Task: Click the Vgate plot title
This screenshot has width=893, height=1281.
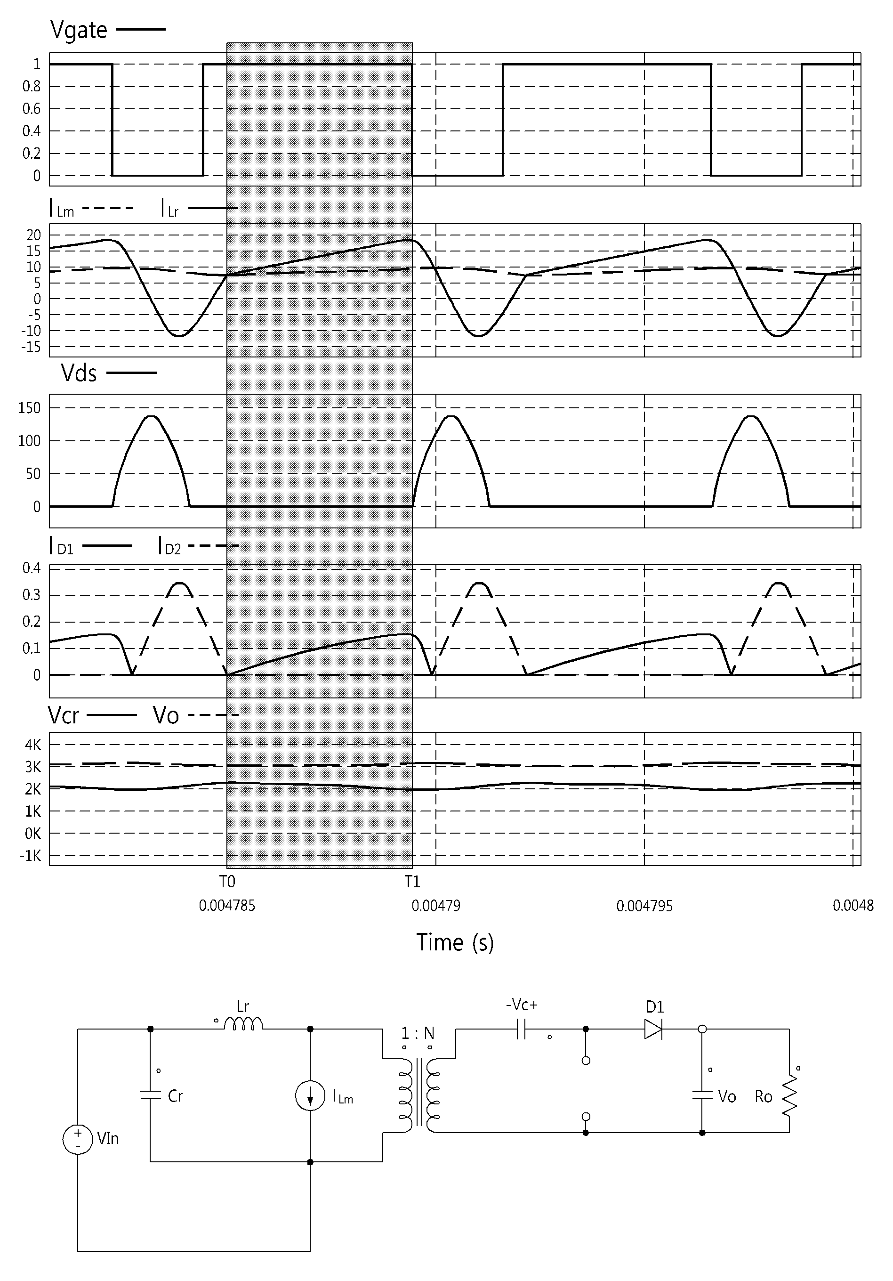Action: click(x=79, y=30)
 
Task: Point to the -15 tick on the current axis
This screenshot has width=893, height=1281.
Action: click(x=33, y=347)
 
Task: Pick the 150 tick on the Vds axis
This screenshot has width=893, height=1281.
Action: click(x=30, y=408)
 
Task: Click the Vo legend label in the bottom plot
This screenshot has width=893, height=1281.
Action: click(x=166, y=715)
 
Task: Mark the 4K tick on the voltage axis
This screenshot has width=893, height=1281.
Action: click(x=33, y=745)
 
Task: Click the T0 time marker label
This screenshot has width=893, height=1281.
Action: click(x=227, y=882)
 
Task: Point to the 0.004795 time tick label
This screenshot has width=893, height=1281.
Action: click(x=644, y=906)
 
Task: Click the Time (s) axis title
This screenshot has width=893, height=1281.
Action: click(x=455, y=942)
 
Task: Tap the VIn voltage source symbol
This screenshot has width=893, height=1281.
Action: click(x=78, y=1139)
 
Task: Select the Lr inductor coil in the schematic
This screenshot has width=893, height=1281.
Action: click(x=242, y=1022)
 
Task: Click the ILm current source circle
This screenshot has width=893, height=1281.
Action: click(x=310, y=1095)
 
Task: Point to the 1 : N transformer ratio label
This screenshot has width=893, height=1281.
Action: click(x=418, y=1033)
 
